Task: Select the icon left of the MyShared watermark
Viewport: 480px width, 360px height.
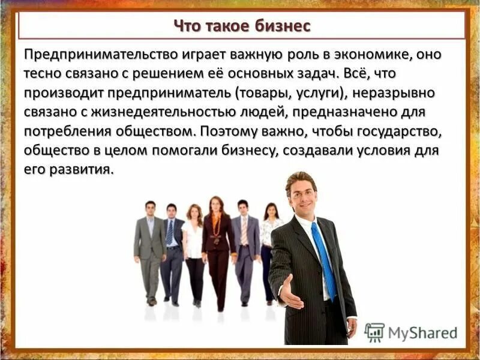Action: [374, 332]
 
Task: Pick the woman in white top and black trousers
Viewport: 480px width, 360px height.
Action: [194, 252]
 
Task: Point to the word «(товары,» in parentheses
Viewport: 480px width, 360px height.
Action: [263, 94]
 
